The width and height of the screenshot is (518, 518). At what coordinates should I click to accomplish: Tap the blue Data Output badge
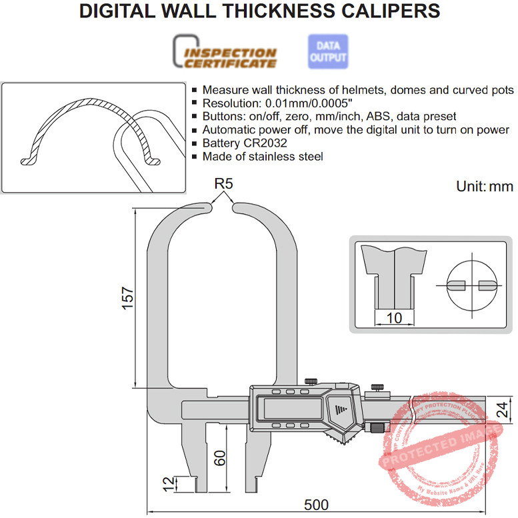(x=327, y=51)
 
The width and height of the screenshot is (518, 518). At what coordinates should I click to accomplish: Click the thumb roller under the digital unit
(x=377, y=429)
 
